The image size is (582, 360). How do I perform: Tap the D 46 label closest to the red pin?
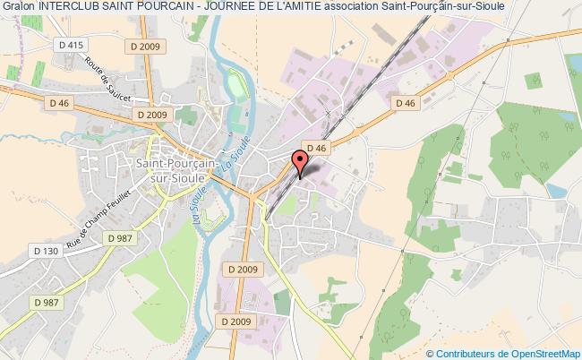click(x=315, y=148)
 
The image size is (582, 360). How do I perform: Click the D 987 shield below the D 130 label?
click(x=47, y=277)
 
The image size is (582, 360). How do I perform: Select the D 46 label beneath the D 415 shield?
click(x=61, y=102)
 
